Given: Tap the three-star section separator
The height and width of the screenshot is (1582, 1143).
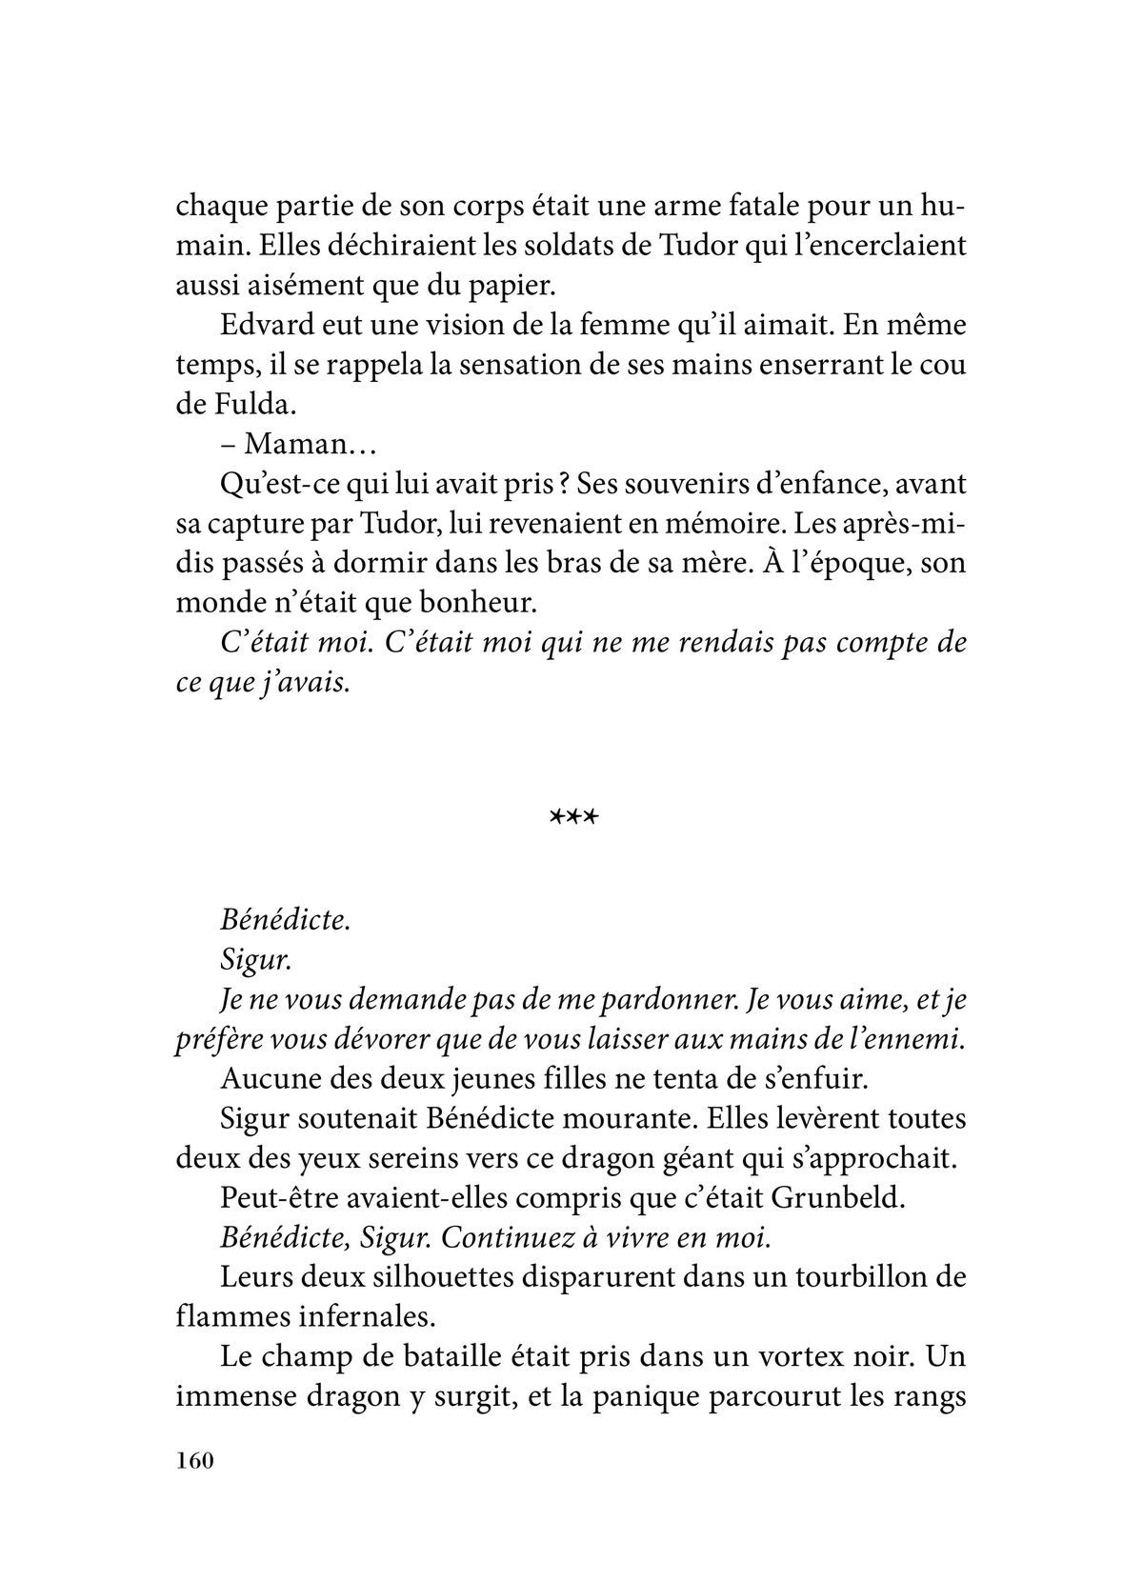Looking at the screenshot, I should (571, 816).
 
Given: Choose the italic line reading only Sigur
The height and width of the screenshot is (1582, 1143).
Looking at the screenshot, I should (255, 959).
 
